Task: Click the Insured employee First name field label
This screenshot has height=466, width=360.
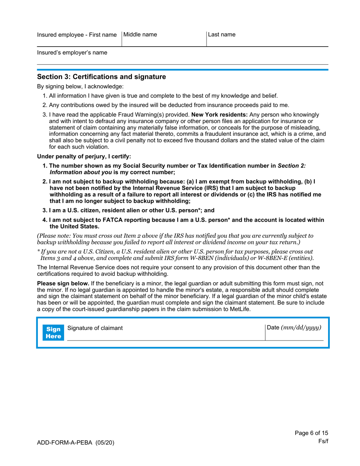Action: pyautogui.click(x=77, y=35)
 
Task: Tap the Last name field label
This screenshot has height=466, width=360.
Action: pyautogui.click(x=222, y=35)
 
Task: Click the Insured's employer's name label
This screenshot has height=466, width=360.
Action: pyautogui.click(x=72, y=53)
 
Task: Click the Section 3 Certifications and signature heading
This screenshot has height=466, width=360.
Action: pyautogui.click(x=101, y=77)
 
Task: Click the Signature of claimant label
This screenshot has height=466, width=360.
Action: pyautogui.click(x=95, y=328)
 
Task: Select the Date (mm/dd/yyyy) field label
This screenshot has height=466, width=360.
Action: pyautogui.click(x=294, y=327)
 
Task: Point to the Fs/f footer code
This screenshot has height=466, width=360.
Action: pyautogui.click(x=323, y=442)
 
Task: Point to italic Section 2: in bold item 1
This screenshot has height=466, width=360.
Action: pyautogui.click(x=292, y=165)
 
